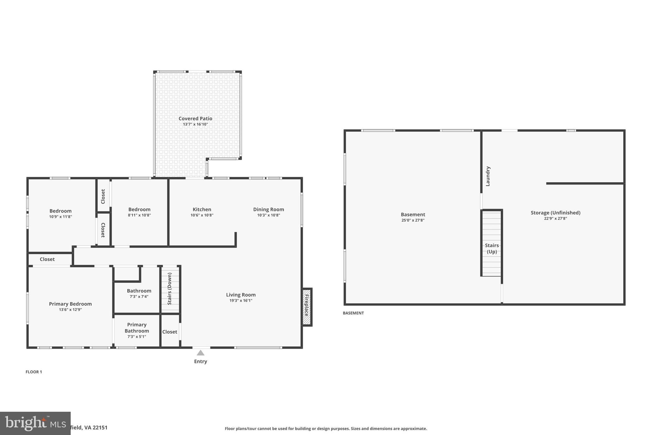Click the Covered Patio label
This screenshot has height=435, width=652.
click(x=195, y=119)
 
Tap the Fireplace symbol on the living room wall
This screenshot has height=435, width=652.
click(x=307, y=307)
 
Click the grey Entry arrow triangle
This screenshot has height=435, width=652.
click(x=200, y=353)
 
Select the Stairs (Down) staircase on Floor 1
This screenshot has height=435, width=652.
click(x=170, y=289)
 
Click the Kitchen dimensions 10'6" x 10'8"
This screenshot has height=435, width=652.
click(x=202, y=215)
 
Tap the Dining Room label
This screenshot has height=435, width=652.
click(x=268, y=209)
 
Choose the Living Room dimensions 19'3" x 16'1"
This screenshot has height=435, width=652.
click(x=241, y=301)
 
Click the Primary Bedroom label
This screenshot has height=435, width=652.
click(x=70, y=304)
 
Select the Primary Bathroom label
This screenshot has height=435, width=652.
click(x=137, y=328)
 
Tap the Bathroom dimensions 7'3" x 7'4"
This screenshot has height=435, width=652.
click(x=139, y=296)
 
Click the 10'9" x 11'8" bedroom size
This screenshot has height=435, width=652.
click(x=60, y=217)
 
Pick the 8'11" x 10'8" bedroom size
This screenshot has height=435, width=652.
click(x=139, y=215)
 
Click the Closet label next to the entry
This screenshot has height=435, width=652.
click(x=170, y=332)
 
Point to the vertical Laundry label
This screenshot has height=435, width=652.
click(x=488, y=176)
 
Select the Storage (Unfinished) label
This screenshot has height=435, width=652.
click(x=555, y=213)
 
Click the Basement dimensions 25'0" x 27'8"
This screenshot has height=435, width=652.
click(x=413, y=220)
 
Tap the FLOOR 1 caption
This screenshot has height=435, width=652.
click(x=34, y=372)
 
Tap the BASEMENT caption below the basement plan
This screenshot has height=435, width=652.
click(x=353, y=313)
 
